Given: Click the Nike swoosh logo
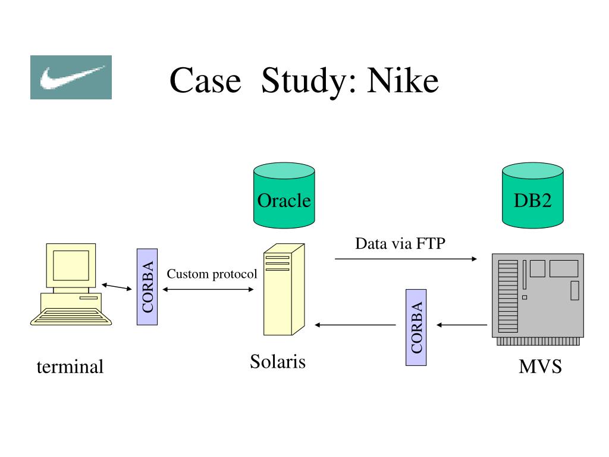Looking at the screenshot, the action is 71,77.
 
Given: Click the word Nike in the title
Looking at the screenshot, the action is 403,81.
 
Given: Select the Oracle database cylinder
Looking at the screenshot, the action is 284,195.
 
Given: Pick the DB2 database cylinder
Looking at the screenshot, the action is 532,195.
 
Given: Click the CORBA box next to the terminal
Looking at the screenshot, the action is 147,287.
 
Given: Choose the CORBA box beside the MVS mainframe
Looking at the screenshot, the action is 416,328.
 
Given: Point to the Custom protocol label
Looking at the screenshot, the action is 212,274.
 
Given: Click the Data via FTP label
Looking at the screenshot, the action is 400,243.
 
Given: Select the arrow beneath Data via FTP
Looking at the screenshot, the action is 406,259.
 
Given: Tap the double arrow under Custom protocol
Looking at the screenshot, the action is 208,289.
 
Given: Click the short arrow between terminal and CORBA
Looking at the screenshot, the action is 117,287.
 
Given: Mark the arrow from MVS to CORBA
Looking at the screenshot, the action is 462,325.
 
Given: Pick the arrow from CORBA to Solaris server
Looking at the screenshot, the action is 356,325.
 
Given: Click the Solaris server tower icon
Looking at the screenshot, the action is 284,290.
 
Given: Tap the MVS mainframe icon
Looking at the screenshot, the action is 538,299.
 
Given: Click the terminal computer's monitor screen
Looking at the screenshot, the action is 71,265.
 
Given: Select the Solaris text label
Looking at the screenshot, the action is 278,362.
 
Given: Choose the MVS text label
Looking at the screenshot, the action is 540,367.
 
